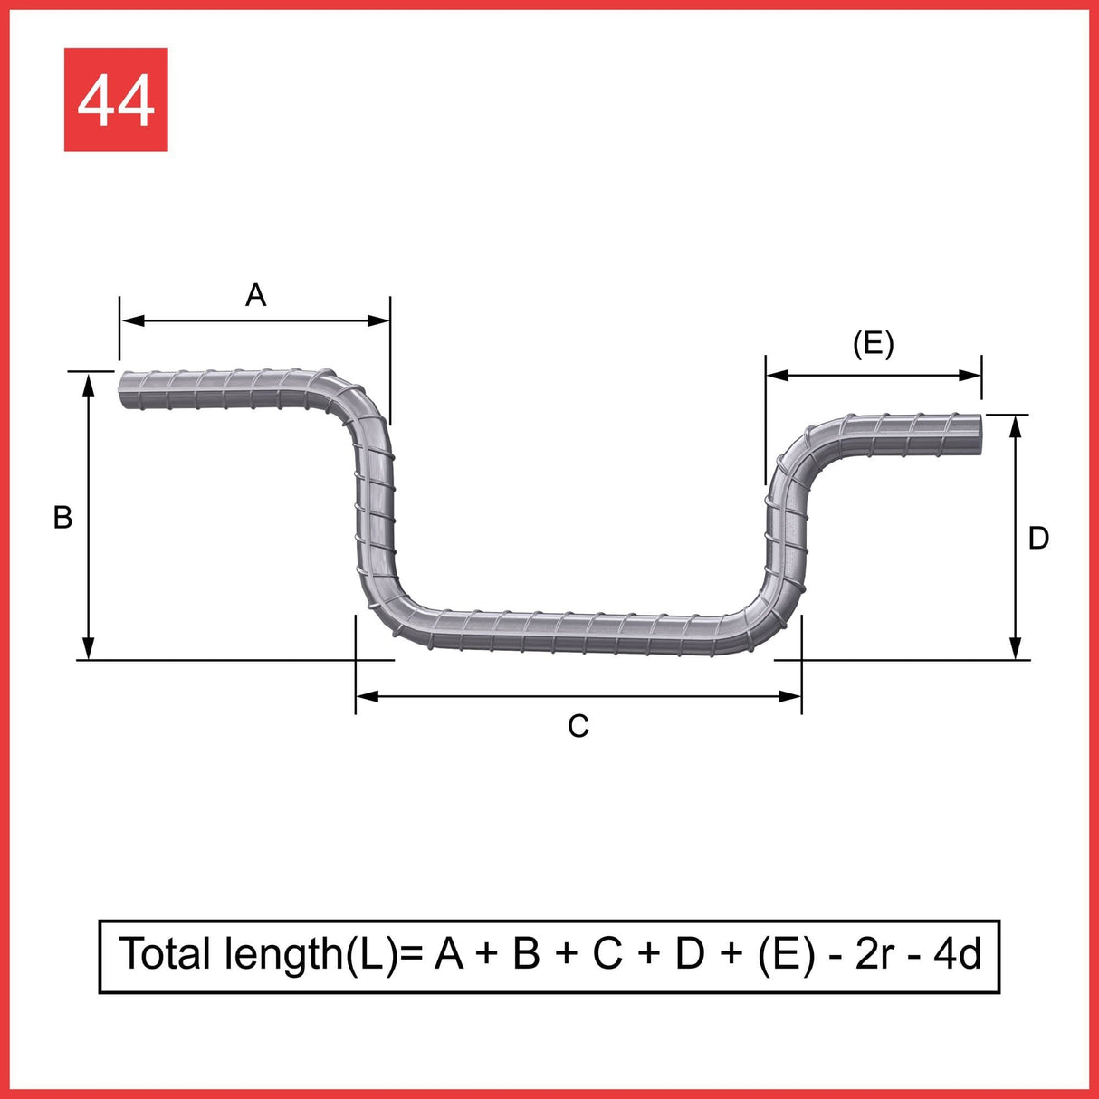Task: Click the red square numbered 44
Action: point(116,100)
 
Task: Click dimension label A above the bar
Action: point(255,295)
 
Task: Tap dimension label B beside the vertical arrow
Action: point(62,517)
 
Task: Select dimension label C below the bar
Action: point(578,726)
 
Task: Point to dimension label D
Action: point(1038,538)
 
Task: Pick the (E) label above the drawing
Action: point(874,345)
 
